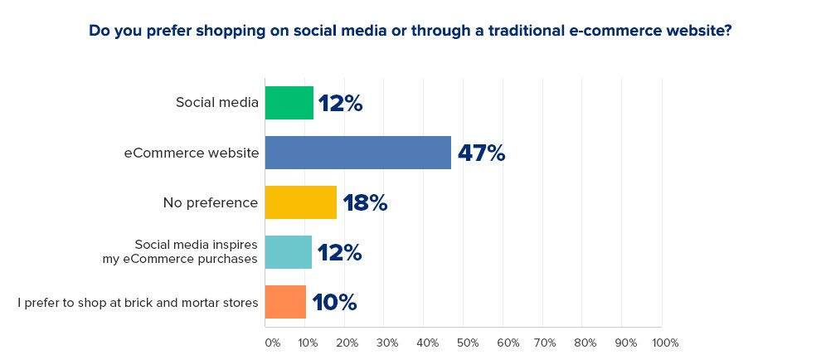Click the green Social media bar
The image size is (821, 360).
coord(289,103)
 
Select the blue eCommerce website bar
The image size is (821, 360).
coord(358,153)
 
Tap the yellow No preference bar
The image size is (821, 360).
coord(301,202)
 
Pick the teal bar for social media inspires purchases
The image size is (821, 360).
coord(289,252)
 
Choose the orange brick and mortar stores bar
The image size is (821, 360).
coord(285,302)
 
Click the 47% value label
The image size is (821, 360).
coord(481,153)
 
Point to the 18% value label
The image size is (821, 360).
coord(365,203)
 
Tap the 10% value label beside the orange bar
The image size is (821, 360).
coord(334,303)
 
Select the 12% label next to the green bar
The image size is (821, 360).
coord(340,104)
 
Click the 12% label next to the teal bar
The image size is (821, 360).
coord(339,253)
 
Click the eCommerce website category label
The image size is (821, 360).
coord(192,153)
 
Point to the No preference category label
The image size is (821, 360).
coord(211,202)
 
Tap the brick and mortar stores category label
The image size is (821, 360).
coord(138,302)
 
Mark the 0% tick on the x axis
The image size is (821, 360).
coord(272,343)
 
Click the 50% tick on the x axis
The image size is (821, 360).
coord(466,343)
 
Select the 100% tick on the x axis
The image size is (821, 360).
coord(665,343)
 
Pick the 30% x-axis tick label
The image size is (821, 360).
coord(386,343)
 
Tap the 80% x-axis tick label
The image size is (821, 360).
coord(585,343)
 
